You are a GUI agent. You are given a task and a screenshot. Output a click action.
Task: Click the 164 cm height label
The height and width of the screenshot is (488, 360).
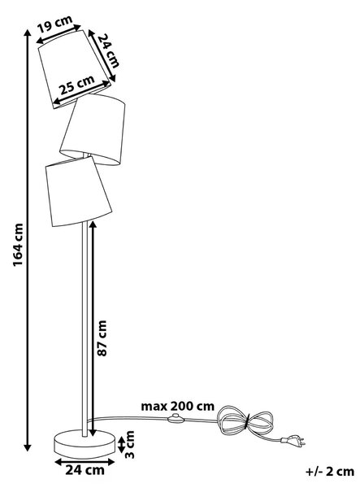click(x=19, y=245)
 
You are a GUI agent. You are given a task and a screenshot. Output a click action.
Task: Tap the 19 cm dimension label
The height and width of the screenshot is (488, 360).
click(x=54, y=24)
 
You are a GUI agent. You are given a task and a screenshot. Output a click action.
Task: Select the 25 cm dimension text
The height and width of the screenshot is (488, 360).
click(x=76, y=85)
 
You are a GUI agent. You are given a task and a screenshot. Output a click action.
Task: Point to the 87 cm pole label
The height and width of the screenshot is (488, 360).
click(x=102, y=338)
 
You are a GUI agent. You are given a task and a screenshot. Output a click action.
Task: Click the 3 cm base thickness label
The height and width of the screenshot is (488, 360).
click(x=129, y=444)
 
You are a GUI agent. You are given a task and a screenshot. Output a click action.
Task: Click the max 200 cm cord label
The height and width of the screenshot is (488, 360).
click(x=178, y=406)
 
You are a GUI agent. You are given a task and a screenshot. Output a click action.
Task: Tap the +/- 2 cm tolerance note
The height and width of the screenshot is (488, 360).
click(x=330, y=472)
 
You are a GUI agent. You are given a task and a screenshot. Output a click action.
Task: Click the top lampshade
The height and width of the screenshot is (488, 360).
click(x=74, y=69)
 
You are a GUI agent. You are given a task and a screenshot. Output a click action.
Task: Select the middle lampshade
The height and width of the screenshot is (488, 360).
click(x=93, y=129)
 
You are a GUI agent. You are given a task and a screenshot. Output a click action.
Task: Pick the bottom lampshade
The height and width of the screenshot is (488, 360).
click(x=78, y=191)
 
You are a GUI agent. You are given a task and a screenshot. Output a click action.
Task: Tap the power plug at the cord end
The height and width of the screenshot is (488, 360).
click(x=293, y=440)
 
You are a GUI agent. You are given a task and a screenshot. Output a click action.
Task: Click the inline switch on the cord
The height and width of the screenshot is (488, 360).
click(x=176, y=419)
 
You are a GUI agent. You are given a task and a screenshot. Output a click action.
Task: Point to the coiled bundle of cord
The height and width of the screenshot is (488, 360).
click(x=245, y=421)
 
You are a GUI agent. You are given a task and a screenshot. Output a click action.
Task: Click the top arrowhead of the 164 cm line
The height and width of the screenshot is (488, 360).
click(x=28, y=33)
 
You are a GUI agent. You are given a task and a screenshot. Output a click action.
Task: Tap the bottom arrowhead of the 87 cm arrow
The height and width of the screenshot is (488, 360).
click(x=93, y=433)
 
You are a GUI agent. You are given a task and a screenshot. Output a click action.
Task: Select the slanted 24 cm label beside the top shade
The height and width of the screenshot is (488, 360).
click(x=109, y=50)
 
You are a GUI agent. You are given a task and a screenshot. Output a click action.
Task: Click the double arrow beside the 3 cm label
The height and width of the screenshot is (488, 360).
click(x=121, y=444)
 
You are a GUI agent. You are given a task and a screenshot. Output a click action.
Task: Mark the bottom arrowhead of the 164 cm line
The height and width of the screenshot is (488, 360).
click(x=28, y=447)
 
